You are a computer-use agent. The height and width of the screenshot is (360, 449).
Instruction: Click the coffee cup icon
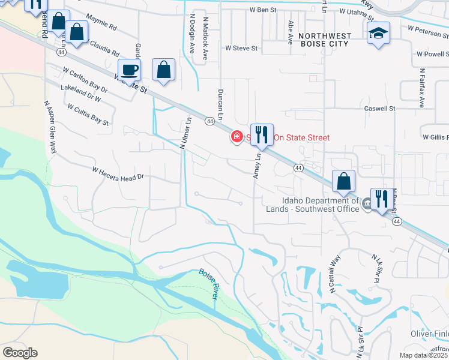coord(130,70)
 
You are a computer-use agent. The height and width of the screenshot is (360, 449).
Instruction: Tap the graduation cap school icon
coord(379,33)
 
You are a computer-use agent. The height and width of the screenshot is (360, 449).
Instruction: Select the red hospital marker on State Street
coord(237,137)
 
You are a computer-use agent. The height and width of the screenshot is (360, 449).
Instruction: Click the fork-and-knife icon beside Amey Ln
coord(261,135)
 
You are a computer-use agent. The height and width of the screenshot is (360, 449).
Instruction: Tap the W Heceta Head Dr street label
coord(119,173)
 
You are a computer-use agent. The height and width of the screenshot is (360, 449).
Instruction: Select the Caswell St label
coord(381,109)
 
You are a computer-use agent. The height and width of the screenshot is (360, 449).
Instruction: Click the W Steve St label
coord(241,47)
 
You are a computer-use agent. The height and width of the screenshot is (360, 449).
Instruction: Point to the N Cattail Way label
coord(335,274)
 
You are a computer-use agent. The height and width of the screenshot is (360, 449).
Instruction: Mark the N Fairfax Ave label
coord(422,94)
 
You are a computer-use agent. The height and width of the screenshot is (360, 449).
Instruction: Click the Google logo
coord(20,353)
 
